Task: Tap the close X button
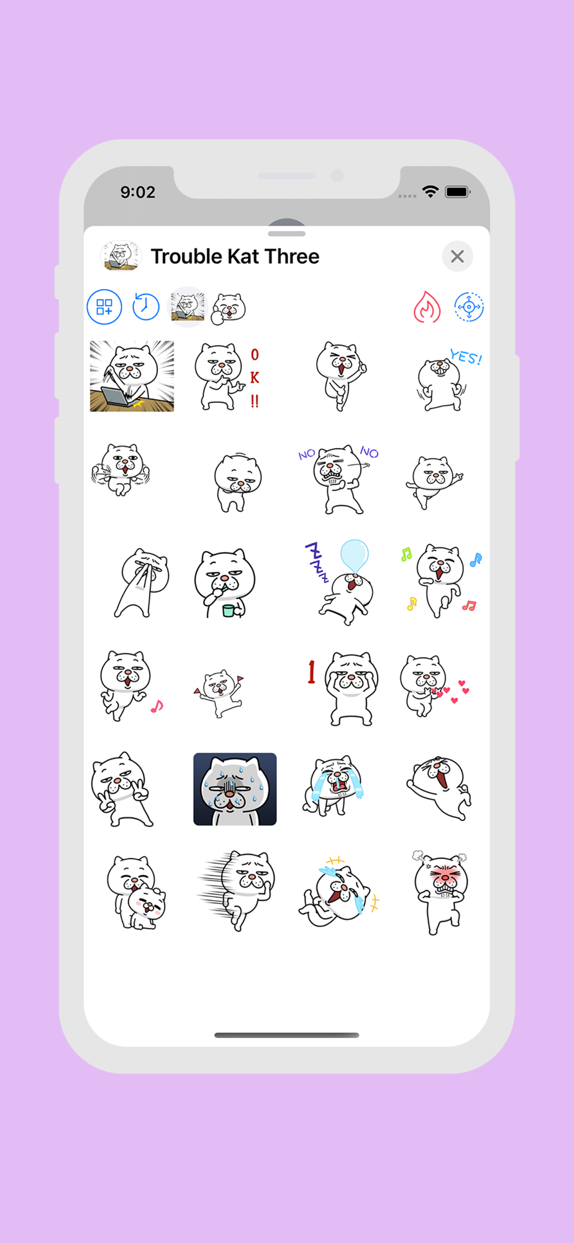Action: click(457, 256)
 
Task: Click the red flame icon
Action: click(427, 307)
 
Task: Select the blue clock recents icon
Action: click(146, 306)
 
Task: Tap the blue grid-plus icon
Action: click(104, 306)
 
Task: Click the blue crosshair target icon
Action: click(469, 306)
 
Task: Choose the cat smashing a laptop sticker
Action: click(132, 376)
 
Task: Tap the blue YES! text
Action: click(466, 357)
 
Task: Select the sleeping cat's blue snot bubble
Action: click(355, 555)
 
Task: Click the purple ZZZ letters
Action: click(317, 561)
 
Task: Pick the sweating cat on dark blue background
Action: click(235, 789)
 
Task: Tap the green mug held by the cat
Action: click(229, 610)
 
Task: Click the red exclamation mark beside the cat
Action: click(311, 672)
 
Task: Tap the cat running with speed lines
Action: click(236, 891)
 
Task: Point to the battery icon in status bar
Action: click(457, 192)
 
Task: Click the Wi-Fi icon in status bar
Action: click(430, 191)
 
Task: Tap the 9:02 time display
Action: click(138, 192)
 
